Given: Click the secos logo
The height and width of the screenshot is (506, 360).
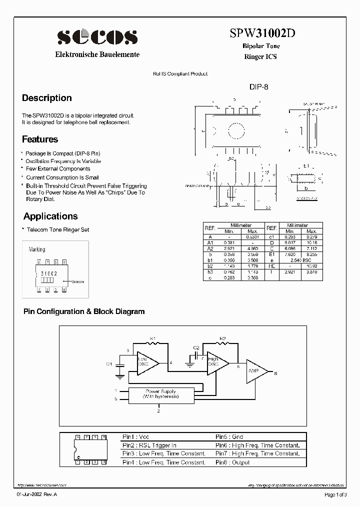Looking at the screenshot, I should click(x=97, y=36).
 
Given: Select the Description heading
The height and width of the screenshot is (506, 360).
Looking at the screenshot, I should click(x=47, y=98).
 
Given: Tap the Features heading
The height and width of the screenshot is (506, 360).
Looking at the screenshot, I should click(x=40, y=139).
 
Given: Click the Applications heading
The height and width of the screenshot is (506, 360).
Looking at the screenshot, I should click(x=50, y=216).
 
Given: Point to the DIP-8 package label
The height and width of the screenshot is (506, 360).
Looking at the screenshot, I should click(x=259, y=86).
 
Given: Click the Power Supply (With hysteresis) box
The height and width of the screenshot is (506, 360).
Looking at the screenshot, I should click(x=160, y=394).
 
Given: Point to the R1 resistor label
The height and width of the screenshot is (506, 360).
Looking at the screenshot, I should click(x=153, y=338).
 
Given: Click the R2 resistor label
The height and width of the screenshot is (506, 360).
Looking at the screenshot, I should click(x=223, y=338).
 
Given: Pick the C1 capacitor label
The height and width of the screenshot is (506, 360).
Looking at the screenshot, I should click(x=109, y=364).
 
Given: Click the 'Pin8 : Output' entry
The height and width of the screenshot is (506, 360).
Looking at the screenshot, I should click(x=232, y=462).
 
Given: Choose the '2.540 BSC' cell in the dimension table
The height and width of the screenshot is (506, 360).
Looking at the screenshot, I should click(x=300, y=260).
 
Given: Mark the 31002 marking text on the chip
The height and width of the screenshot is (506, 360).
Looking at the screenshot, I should click(x=48, y=274).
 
